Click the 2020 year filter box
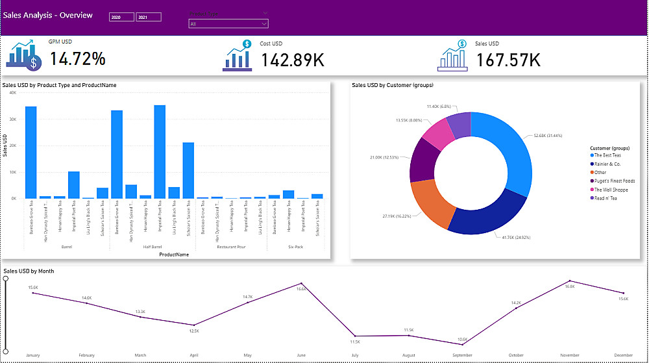coord(121,17)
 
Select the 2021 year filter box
coord(149,17)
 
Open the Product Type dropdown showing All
coord(228,24)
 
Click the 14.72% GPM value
coord(78,59)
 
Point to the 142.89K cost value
coord(293,59)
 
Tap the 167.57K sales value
coord(508,59)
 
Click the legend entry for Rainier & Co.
coord(607,164)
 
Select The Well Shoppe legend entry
coord(609,189)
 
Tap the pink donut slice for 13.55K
coord(436,132)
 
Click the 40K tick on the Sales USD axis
coord(12,93)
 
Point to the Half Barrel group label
coord(152,247)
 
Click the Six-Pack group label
coord(295,247)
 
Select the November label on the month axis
coord(569,355)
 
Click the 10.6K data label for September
coord(461,339)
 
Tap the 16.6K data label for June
coord(301,289)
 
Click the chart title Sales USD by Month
coord(29,271)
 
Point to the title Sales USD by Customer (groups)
coord(392,85)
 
